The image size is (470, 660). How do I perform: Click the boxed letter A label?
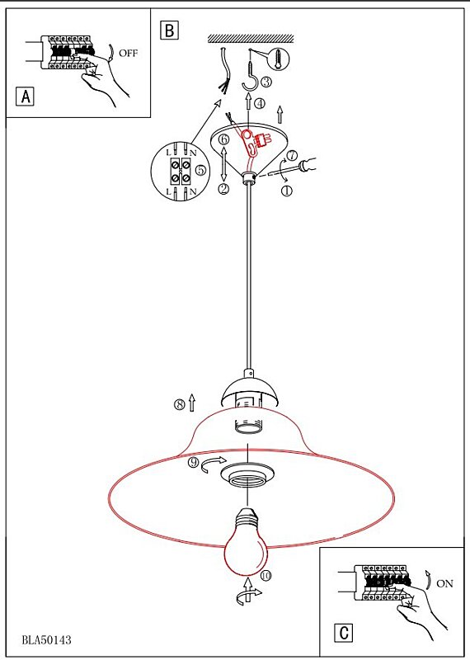pyautogui.click(x=25, y=97)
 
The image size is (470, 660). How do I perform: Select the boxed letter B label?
pyautogui.click(x=169, y=31)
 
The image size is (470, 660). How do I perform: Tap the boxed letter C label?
pyautogui.click(x=344, y=632)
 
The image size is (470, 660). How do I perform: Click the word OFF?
pyautogui.click(x=128, y=53)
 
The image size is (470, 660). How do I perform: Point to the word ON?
pyautogui.click(x=444, y=583)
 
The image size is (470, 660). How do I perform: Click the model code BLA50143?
pyautogui.click(x=47, y=640)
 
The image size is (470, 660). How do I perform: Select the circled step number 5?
pyautogui.click(x=200, y=170)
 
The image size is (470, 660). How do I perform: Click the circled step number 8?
pyautogui.click(x=180, y=404)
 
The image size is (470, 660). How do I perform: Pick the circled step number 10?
pyautogui.click(x=266, y=575)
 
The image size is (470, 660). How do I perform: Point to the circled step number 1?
pyautogui.click(x=287, y=191)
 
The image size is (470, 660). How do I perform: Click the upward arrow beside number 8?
pyautogui.click(x=192, y=403)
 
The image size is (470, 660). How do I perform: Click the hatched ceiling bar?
pyautogui.click(x=251, y=39)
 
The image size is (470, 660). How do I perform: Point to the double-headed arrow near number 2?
pyautogui.click(x=223, y=163)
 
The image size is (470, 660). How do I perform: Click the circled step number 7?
pyautogui.click(x=292, y=155)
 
